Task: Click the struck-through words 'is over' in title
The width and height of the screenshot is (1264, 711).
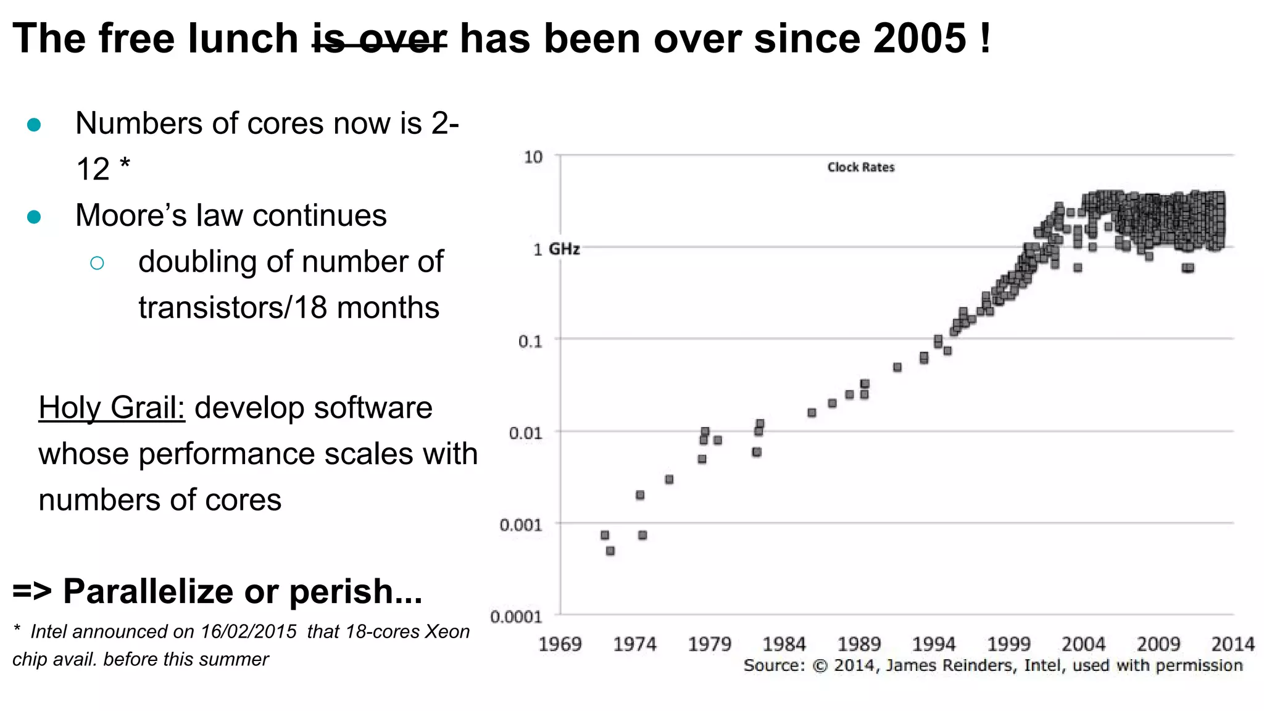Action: click(x=380, y=38)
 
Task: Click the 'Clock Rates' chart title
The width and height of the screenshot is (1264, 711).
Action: click(x=860, y=167)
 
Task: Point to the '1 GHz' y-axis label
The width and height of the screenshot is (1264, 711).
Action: click(x=556, y=249)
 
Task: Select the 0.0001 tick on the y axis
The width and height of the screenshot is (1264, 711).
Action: click(x=516, y=617)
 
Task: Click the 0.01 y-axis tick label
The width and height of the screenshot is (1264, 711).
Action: click(x=525, y=433)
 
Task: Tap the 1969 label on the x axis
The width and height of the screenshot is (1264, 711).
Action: click(x=560, y=644)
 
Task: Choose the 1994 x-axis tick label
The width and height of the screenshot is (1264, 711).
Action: click(x=934, y=644)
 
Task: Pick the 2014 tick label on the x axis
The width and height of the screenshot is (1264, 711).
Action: click(x=1233, y=644)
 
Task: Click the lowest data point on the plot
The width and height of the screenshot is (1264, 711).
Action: click(x=610, y=551)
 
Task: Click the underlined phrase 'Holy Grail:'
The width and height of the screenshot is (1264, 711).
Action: click(x=112, y=408)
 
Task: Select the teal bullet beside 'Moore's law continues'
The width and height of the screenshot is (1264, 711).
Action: click(x=34, y=217)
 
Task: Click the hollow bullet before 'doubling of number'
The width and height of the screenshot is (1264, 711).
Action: click(x=97, y=264)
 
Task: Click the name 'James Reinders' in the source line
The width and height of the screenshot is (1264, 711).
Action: click(x=949, y=665)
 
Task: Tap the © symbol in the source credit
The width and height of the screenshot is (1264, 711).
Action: click(x=820, y=666)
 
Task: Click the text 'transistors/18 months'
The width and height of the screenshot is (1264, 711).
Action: click(x=289, y=308)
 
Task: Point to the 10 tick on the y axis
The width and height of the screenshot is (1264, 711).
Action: click(x=533, y=157)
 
